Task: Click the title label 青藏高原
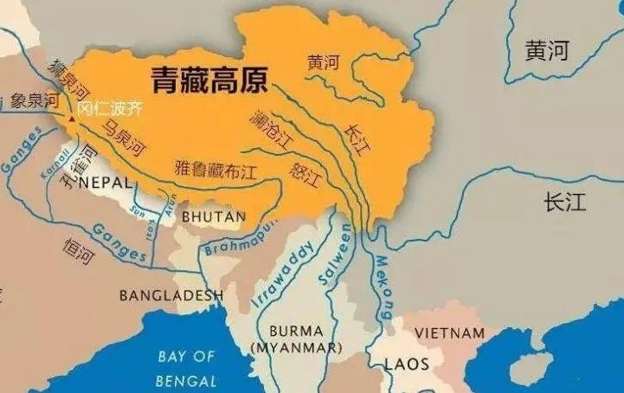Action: pos(209,81)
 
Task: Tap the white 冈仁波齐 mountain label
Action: pos(108,110)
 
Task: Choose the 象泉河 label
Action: pos(34,101)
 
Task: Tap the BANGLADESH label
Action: pos(170,295)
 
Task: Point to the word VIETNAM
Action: pos(449,332)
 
